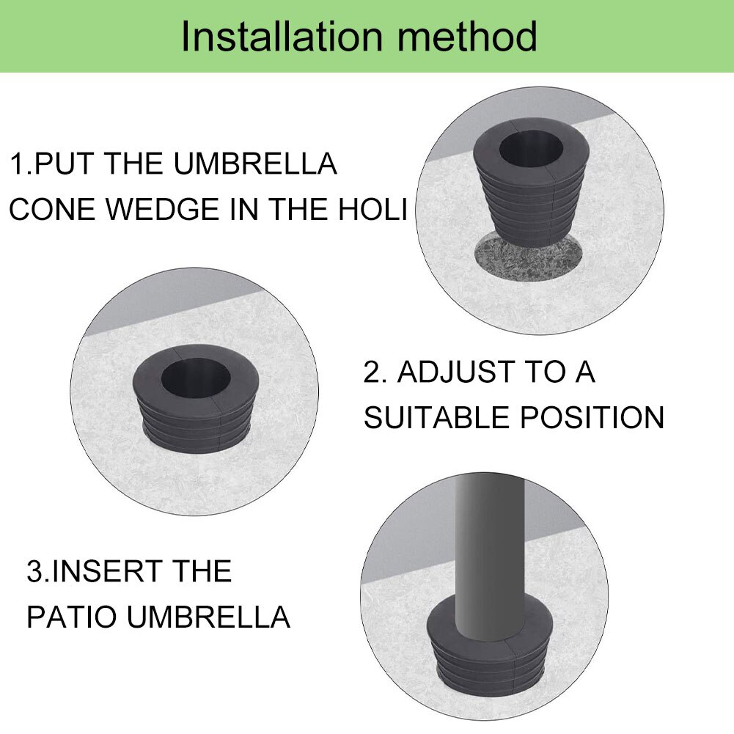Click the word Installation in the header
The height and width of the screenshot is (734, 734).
click(282, 36)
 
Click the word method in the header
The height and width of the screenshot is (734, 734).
click(467, 36)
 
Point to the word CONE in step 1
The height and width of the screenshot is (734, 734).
click(52, 208)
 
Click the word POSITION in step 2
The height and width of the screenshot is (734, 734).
click(592, 416)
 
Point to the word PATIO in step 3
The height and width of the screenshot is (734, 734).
click(72, 617)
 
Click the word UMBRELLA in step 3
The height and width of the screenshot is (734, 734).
click(209, 617)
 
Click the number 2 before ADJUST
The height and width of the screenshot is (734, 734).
click(373, 372)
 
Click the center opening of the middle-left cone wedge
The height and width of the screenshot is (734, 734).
click(194, 378)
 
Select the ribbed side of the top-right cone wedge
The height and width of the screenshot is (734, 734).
click(527, 206)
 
